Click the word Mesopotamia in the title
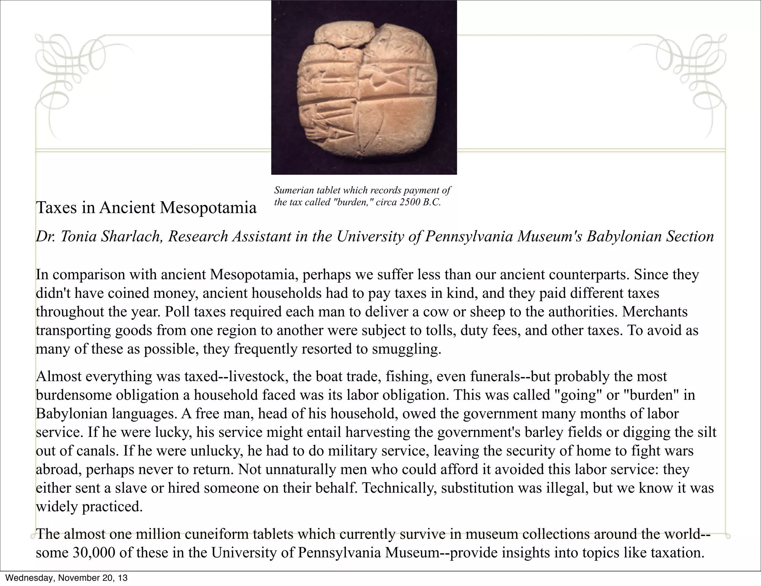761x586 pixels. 208,207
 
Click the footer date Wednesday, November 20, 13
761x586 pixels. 66,578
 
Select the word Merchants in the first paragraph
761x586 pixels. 655,312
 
